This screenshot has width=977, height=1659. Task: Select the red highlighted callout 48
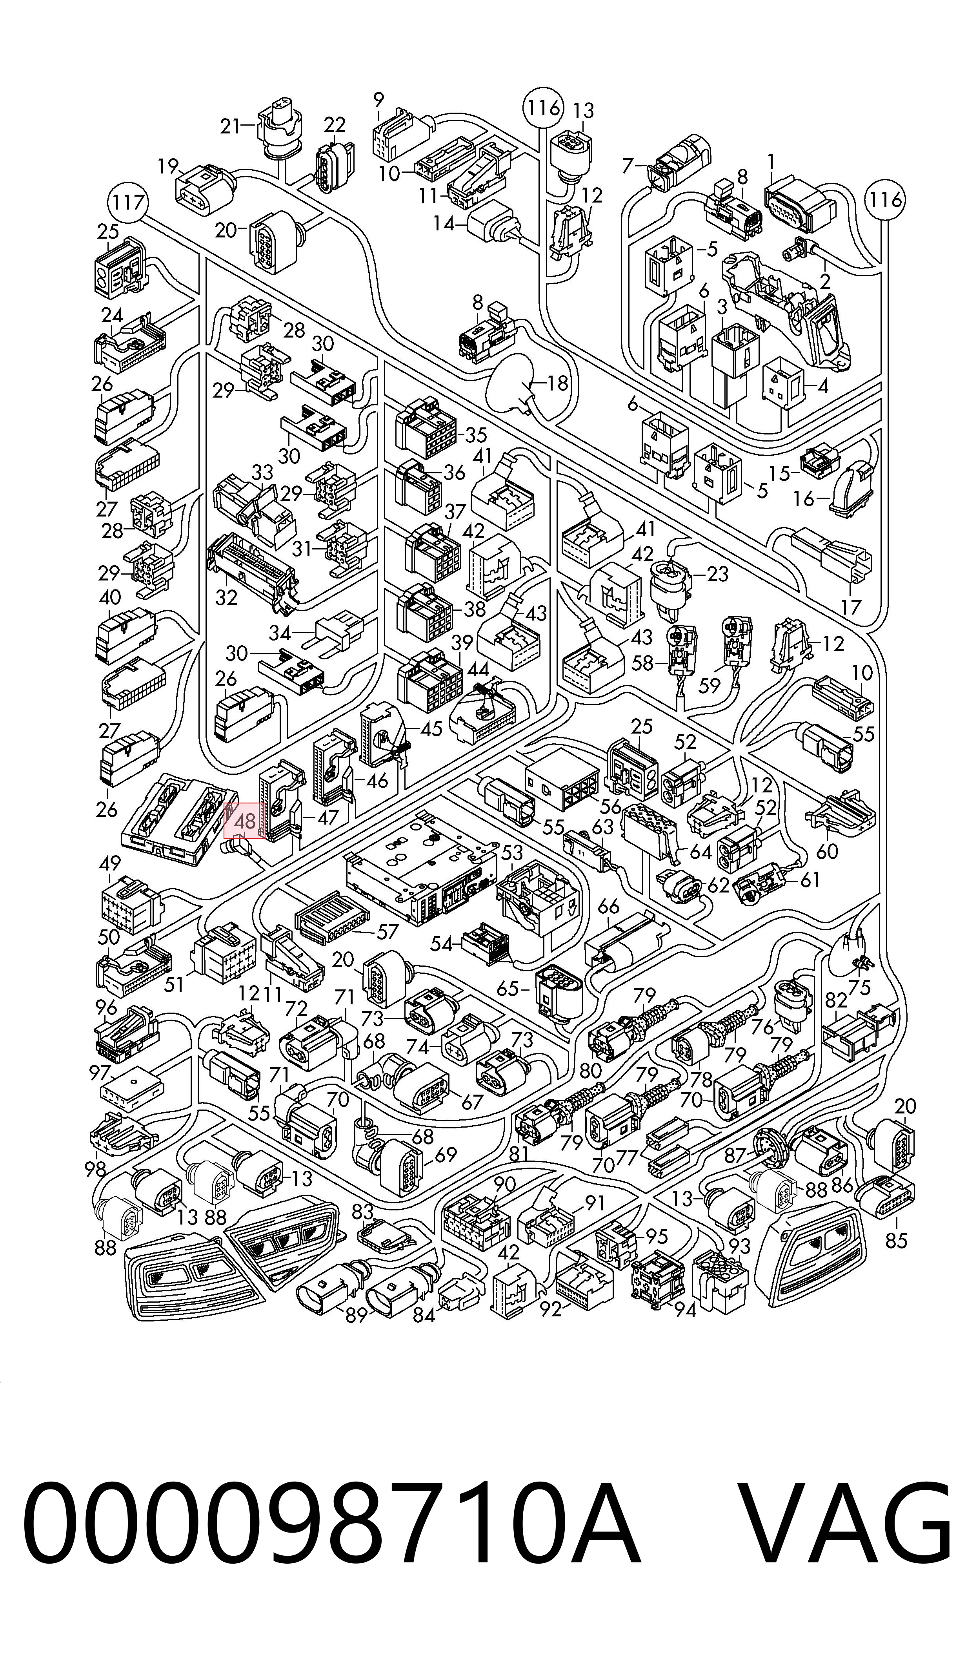[245, 821]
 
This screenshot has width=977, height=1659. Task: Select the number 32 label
[226, 597]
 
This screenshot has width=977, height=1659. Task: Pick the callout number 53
[512, 852]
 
